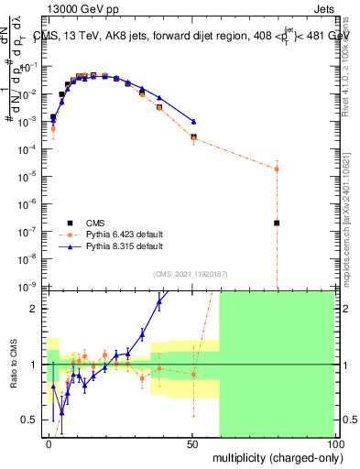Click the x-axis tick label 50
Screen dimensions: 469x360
point(192,442)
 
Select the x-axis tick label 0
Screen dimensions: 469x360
point(49,442)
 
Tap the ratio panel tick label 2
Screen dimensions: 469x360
point(38,309)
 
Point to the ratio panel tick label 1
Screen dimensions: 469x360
point(38,365)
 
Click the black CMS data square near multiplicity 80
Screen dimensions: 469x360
point(277,223)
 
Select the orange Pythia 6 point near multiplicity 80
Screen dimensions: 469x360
point(277,169)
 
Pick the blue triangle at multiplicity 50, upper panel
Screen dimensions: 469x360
point(193,121)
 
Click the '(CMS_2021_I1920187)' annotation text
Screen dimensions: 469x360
point(191,273)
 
